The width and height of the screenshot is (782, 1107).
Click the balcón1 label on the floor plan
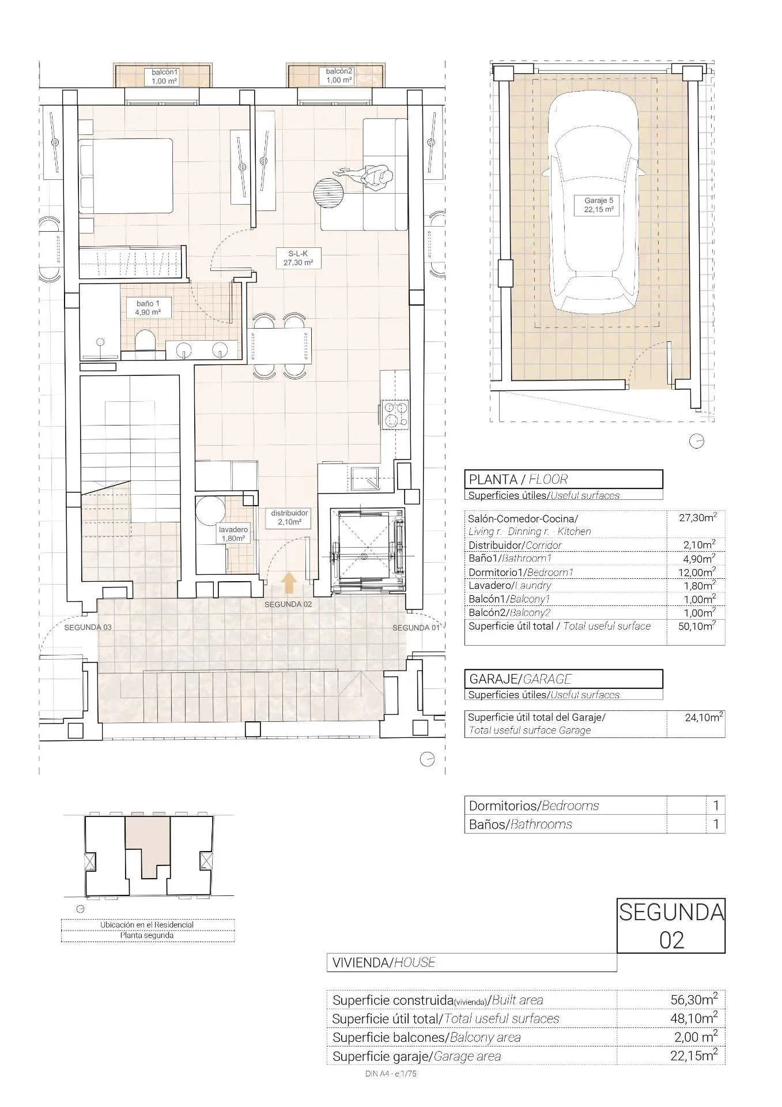[x=165, y=76]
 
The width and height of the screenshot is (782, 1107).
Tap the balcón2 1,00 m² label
[x=339, y=76]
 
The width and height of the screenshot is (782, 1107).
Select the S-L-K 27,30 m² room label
[x=297, y=258]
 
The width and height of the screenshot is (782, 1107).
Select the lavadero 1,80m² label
[x=233, y=534]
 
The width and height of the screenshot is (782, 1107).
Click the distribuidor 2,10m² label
[x=290, y=517]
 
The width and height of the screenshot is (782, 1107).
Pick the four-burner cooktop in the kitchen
[x=395, y=413]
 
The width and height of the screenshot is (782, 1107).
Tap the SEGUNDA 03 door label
[x=88, y=627]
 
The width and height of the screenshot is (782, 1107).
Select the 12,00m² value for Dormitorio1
[x=699, y=572]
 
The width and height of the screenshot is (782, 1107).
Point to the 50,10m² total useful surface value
[x=699, y=626]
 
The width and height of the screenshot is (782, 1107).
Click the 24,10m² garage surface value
[x=704, y=718]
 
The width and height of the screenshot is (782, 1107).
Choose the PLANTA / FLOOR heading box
[x=563, y=479]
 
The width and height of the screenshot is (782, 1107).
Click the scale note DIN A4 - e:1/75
[x=390, y=1074]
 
